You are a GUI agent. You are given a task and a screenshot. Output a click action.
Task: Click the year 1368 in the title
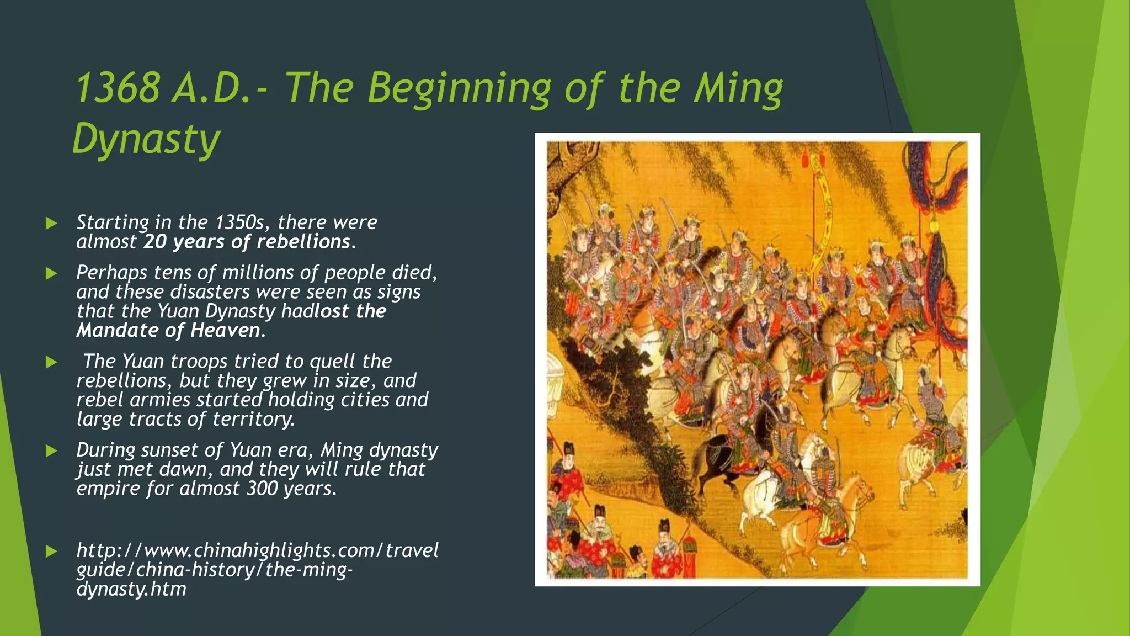(x=118, y=88)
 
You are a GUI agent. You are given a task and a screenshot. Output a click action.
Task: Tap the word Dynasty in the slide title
(x=146, y=139)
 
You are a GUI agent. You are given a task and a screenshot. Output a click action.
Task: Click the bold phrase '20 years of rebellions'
(x=247, y=242)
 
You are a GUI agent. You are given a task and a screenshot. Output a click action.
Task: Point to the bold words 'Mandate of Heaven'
(x=168, y=330)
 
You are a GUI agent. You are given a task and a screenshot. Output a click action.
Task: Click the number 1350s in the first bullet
(x=240, y=222)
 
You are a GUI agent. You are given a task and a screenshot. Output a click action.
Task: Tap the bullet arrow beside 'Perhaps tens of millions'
(x=51, y=273)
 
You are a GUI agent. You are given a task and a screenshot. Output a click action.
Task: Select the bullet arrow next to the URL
(x=51, y=551)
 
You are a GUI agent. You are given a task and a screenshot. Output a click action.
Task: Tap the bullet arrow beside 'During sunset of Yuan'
(x=51, y=451)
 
